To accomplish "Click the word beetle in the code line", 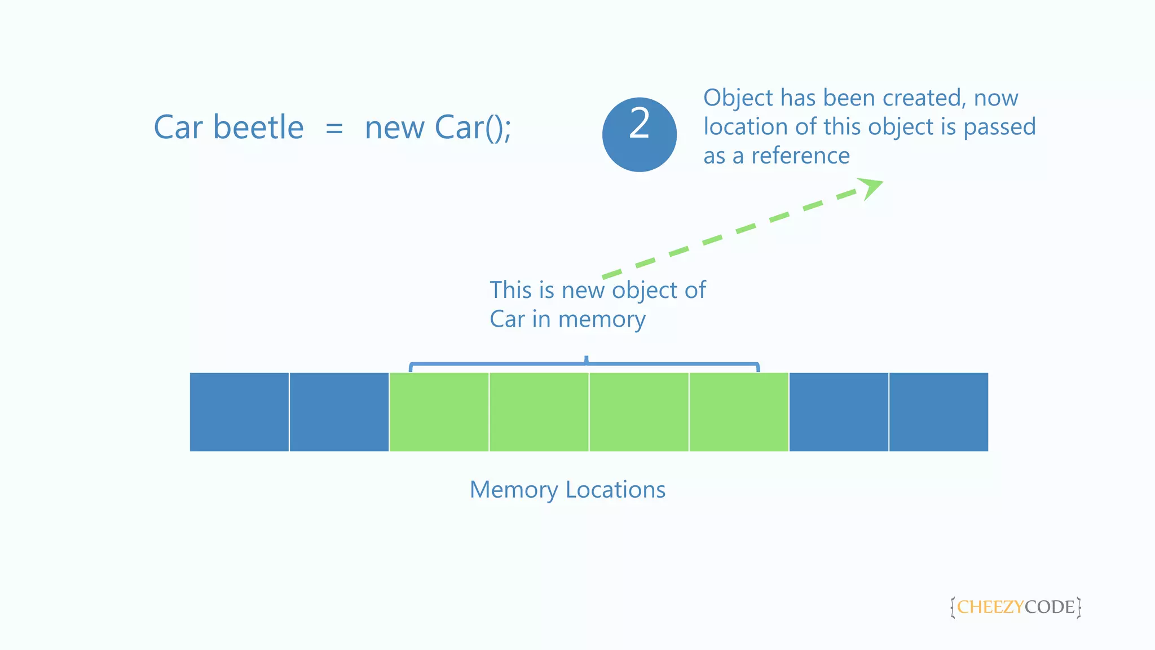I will pos(258,128).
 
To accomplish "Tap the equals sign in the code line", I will pos(334,129).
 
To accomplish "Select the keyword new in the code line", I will pos(394,129).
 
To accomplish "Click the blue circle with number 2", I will pos(639,134).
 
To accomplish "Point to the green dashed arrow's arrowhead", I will pos(871,187).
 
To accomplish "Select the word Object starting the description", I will pos(738,98).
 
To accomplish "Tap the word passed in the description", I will pos(999,127).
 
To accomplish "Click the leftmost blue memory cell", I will pos(239,412).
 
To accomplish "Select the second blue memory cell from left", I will pos(339,412).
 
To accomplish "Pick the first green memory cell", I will pos(439,412).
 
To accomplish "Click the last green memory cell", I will pos(739,412).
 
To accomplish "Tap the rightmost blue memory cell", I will pos(938,412).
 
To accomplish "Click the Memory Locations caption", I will pos(567,490).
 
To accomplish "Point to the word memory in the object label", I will pos(602,320).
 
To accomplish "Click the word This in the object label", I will pos(510,290).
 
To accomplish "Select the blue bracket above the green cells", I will pos(584,364).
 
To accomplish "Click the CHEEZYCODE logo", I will pos(1015,607).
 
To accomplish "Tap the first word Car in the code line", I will pos(178,128).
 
